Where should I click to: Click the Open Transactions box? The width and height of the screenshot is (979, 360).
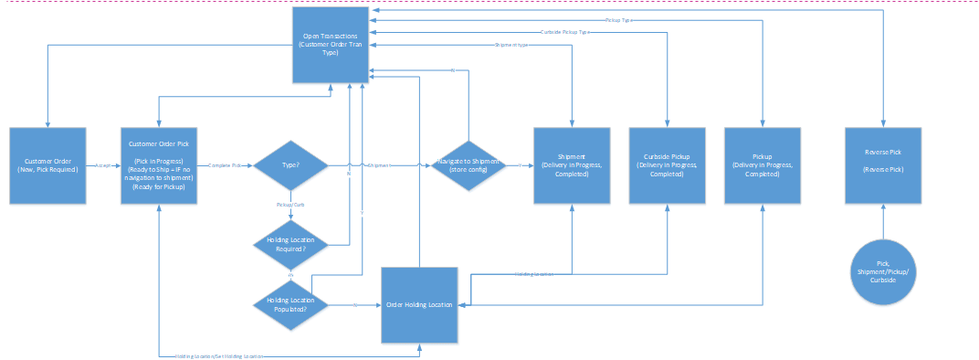coord(331,46)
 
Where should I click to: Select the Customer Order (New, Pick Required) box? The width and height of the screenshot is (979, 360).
coord(47,165)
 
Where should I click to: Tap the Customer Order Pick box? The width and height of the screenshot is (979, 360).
coord(160,165)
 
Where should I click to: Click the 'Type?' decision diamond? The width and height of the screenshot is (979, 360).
coord(291,165)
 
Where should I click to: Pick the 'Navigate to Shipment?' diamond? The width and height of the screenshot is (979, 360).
coord(468,165)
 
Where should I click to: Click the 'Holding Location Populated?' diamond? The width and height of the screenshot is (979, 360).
coord(291,304)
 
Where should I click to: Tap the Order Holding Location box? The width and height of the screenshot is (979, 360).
coord(418,304)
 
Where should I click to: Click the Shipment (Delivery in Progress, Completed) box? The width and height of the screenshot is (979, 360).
coord(572,165)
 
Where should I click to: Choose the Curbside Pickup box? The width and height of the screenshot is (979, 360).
coord(667,165)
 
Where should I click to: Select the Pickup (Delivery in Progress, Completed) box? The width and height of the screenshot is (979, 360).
coord(762,165)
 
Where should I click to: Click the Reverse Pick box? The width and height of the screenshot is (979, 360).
coord(882,165)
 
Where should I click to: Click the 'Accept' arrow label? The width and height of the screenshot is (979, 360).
coord(102,166)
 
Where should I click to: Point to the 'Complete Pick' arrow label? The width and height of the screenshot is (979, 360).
coord(225,166)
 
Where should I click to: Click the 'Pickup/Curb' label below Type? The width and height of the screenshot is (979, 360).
coord(291,205)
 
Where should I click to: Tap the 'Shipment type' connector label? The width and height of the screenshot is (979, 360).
coord(511,45)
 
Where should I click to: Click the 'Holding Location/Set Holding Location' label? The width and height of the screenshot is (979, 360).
coord(214,355)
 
